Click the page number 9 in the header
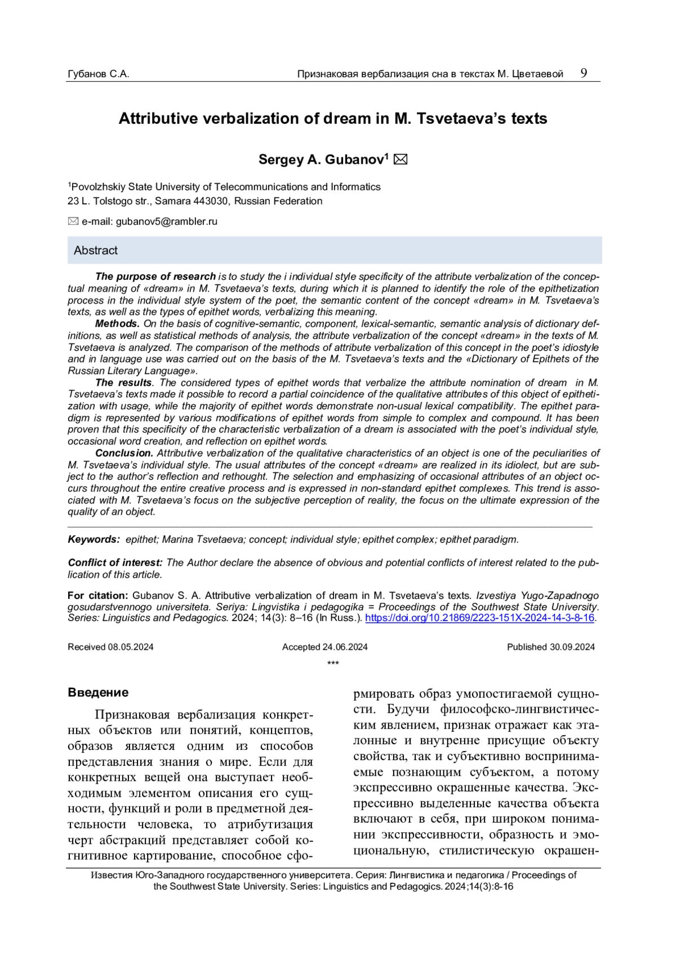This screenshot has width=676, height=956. (584, 73)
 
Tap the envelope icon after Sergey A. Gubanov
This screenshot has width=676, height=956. (401, 160)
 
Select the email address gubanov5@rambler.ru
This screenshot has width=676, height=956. (167, 222)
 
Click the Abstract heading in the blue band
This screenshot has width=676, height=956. (96, 251)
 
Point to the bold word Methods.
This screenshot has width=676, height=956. (117, 324)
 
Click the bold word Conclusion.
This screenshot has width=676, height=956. (124, 453)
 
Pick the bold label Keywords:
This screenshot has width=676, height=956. (94, 539)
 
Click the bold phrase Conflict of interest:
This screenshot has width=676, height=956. (115, 563)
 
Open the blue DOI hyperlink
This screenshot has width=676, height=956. (480, 618)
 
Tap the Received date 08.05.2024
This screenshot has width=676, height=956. (130, 647)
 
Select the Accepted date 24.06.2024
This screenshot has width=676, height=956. (345, 647)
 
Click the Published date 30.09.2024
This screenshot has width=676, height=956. (572, 647)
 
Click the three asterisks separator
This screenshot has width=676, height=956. (333, 663)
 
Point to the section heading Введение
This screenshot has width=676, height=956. (98, 693)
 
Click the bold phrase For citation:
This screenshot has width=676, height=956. (98, 596)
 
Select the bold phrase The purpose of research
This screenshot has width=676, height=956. (155, 276)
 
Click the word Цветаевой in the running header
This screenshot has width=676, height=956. (538, 74)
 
